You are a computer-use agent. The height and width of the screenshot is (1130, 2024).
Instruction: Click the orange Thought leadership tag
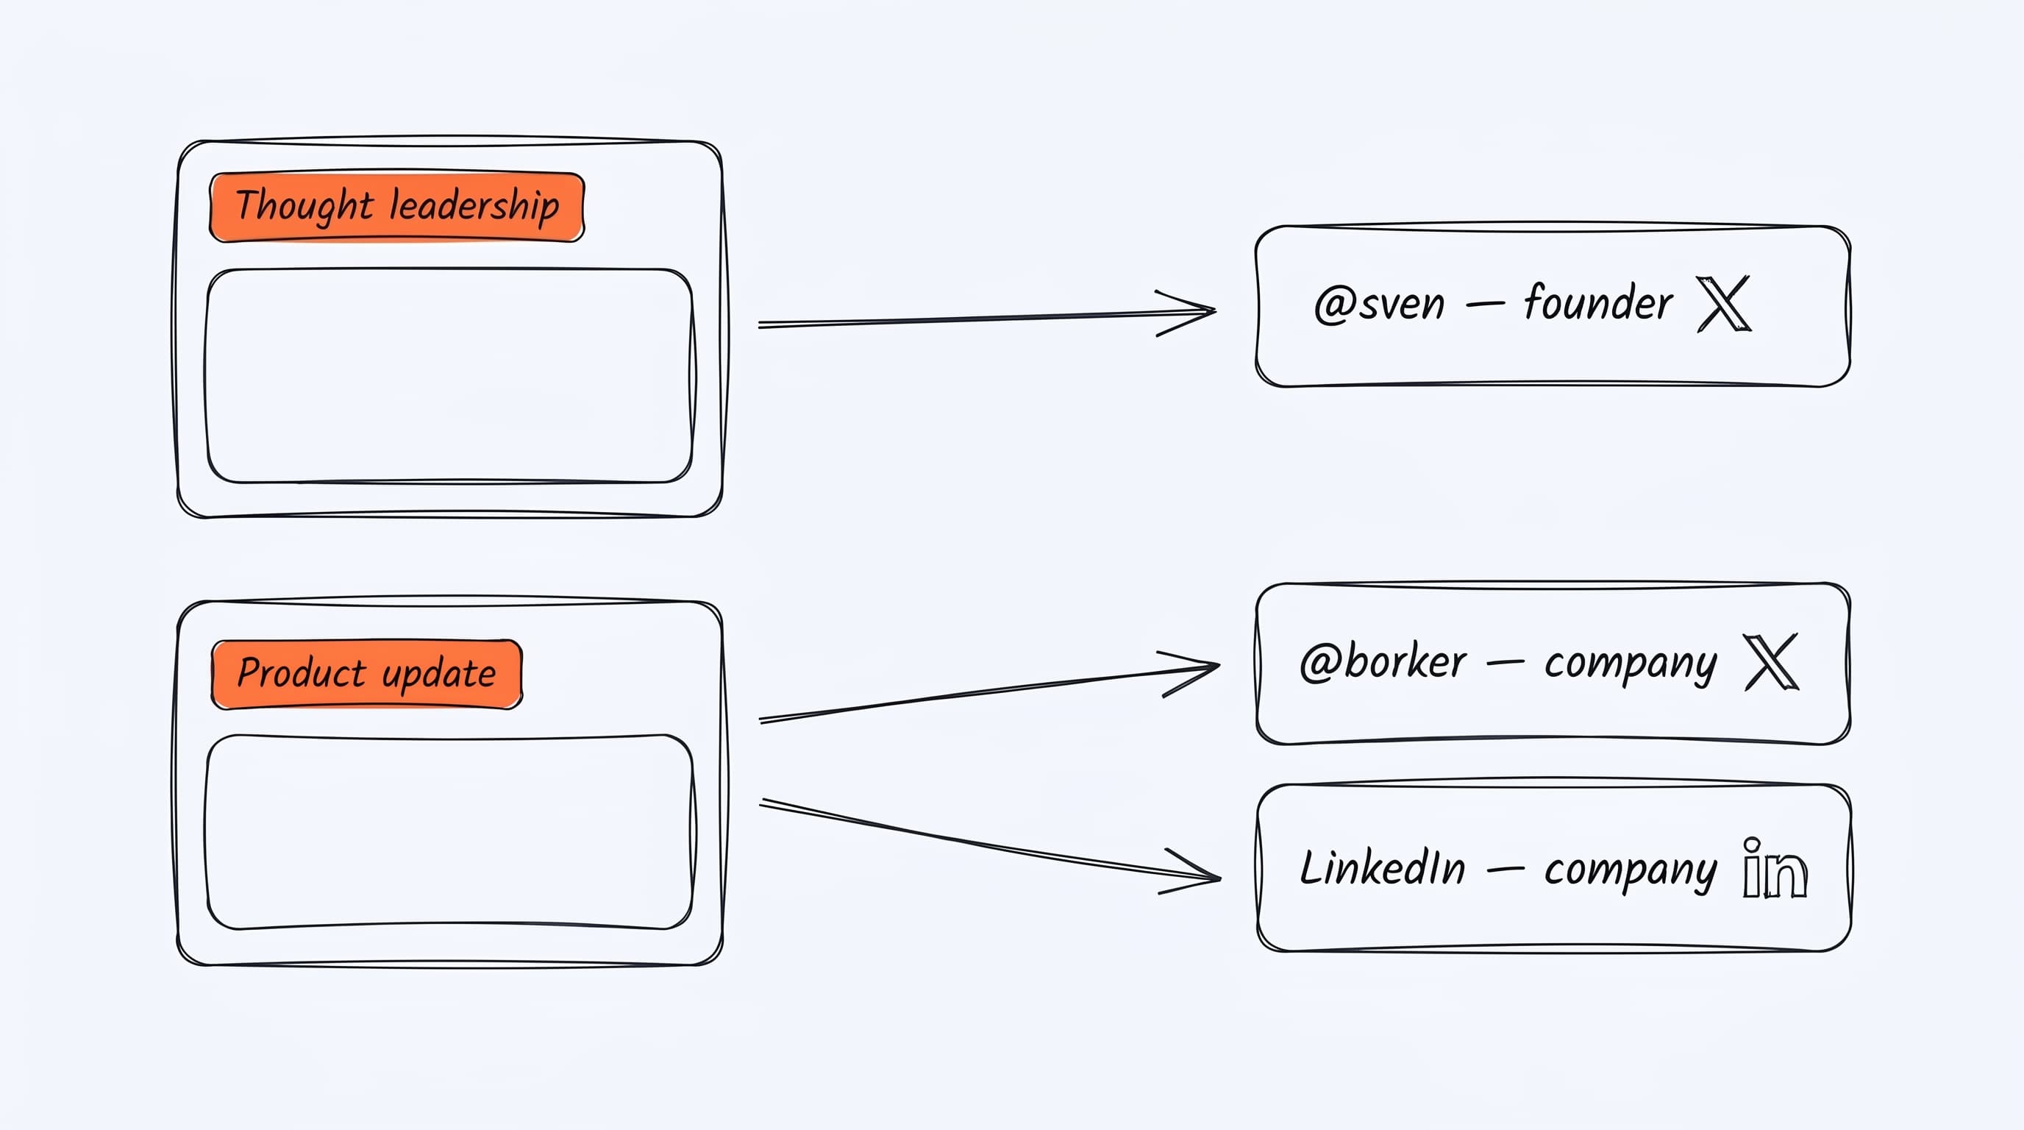(397, 207)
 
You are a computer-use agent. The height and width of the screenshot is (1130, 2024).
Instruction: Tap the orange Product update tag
(367, 674)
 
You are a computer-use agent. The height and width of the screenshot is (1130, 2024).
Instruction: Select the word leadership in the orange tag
(474, 207)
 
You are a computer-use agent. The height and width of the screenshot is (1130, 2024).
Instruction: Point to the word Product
(302, 672)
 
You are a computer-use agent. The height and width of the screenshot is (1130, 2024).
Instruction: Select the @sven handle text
(1379, 304)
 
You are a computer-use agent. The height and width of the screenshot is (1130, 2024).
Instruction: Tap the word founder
(1598, 302)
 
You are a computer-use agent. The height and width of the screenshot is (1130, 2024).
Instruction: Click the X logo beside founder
(1723, 303)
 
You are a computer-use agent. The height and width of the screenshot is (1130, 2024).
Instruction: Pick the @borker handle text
(1383, 661)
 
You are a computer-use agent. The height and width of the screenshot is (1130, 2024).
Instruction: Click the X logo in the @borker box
(1771, 661)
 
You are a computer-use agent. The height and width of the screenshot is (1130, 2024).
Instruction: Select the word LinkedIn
(1383, 868)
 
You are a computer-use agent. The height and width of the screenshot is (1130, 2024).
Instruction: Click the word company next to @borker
(1631, 665)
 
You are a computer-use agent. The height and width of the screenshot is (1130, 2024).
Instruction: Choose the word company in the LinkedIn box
(1631, 871)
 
